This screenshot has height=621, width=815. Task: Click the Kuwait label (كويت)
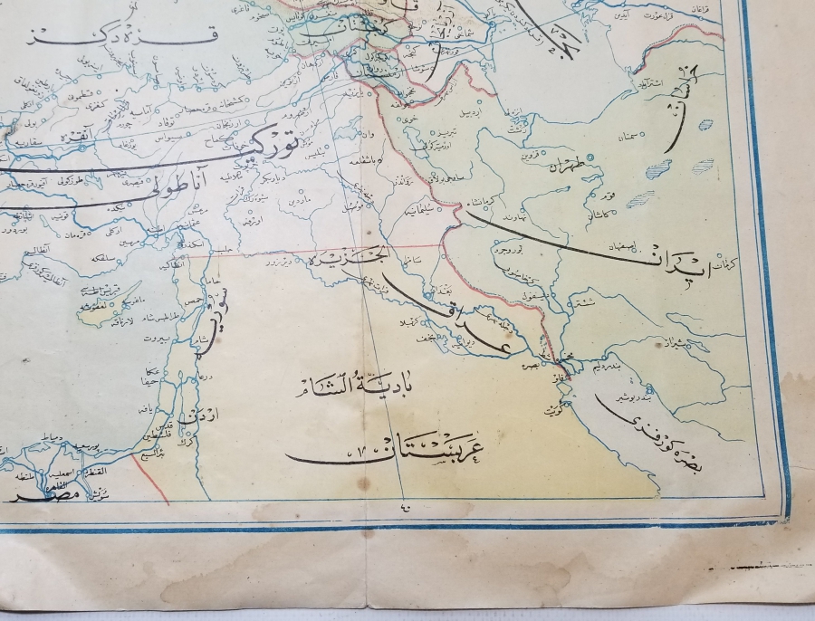[x=551, y=409]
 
